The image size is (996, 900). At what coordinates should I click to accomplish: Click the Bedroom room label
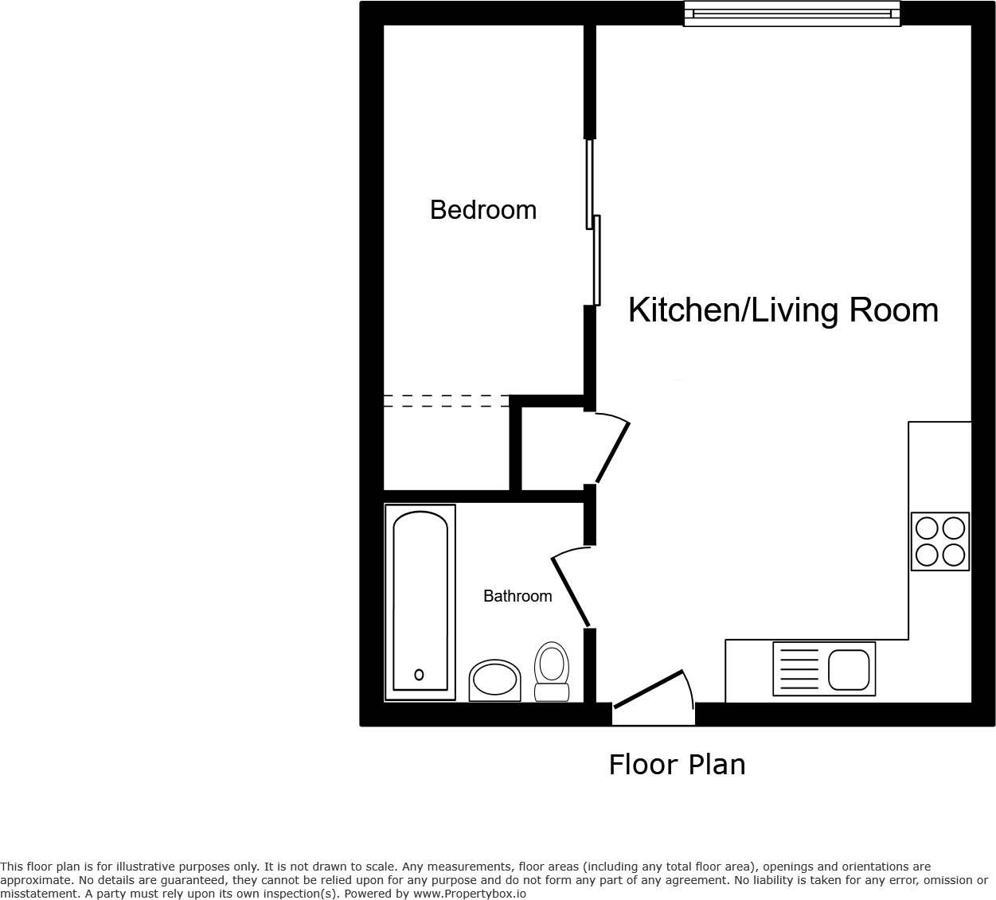[482, 210]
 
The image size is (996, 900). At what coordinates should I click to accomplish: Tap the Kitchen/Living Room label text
[783, 310]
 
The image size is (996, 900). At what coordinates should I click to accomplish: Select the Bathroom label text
[518, 596]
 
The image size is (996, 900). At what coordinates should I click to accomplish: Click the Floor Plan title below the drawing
[677, 765]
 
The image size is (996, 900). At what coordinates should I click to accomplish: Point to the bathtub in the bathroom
[420, 602]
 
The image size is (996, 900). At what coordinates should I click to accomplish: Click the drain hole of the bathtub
[419, 675]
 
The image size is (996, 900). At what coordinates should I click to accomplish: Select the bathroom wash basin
[494, 680]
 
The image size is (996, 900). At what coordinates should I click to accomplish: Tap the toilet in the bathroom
[551, 672]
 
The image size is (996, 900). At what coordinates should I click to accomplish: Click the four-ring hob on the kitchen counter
[939, 541]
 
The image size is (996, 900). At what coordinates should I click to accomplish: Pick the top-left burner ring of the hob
[927, 528]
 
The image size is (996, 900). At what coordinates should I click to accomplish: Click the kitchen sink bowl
[848, 669]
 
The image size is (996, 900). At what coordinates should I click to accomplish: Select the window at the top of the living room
[791, 14]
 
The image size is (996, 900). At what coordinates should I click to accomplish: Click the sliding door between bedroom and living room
[593, 223]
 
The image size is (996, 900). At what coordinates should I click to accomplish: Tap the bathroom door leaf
[571, 591]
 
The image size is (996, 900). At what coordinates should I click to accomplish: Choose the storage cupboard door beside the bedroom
[613, 452]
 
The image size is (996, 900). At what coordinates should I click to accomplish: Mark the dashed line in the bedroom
[446, 401]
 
